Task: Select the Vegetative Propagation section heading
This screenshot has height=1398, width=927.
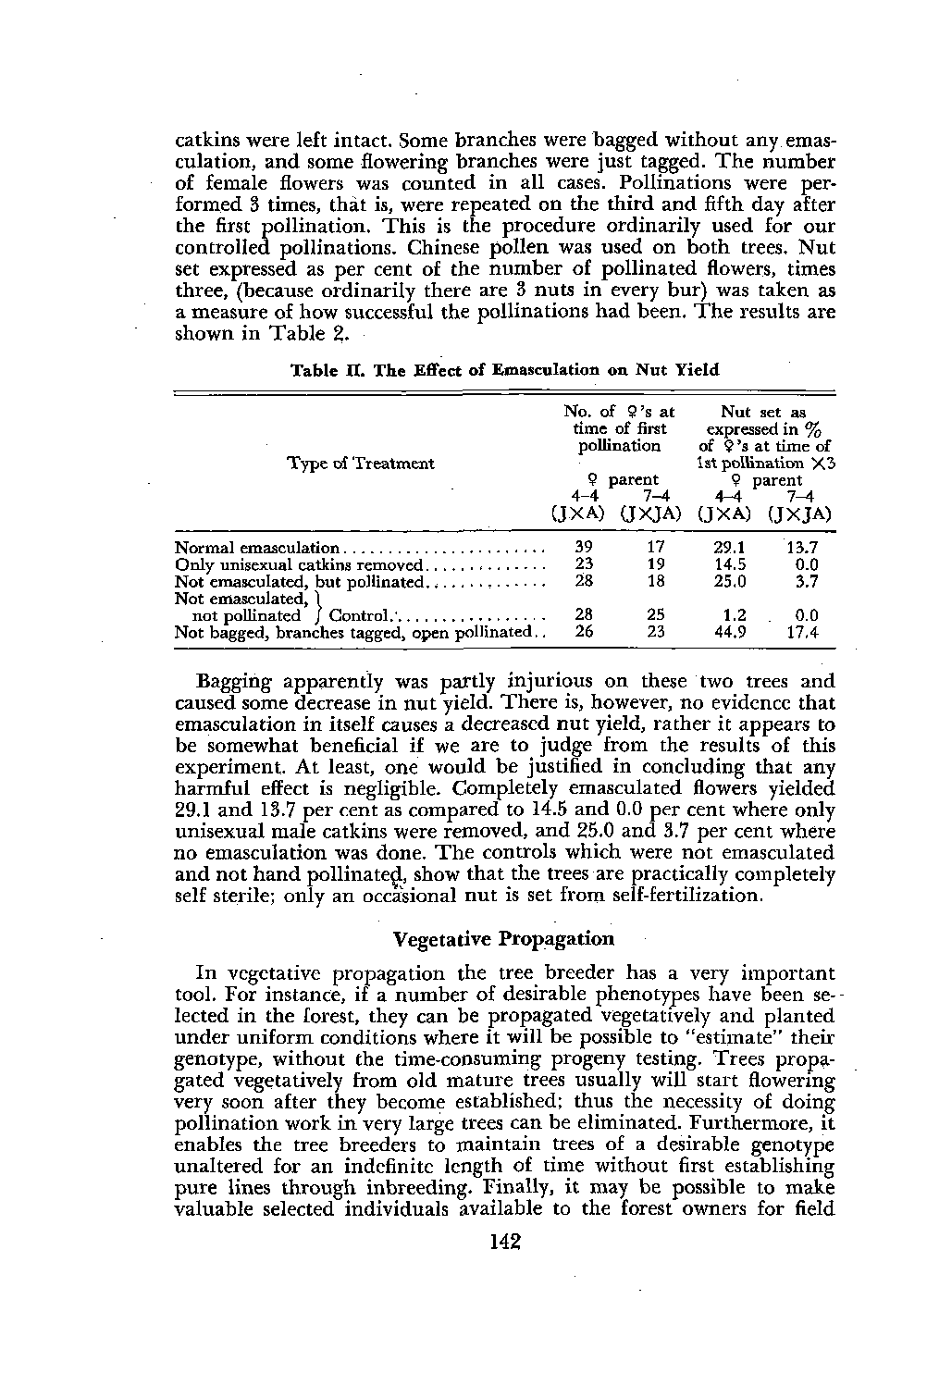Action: (503, 939)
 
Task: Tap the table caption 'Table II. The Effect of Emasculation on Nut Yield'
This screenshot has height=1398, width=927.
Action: (505, 370)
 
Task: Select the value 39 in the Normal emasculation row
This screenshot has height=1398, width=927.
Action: (584, 548)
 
